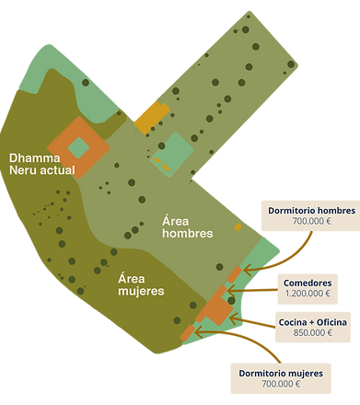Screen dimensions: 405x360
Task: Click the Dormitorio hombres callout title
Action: [311, 211]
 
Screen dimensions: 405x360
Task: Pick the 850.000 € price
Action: [311, 333]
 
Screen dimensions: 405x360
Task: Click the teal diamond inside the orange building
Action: [78, 146]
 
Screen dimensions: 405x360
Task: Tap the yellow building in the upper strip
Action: [152, 116]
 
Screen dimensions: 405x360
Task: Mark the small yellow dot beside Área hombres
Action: [238, 226]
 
